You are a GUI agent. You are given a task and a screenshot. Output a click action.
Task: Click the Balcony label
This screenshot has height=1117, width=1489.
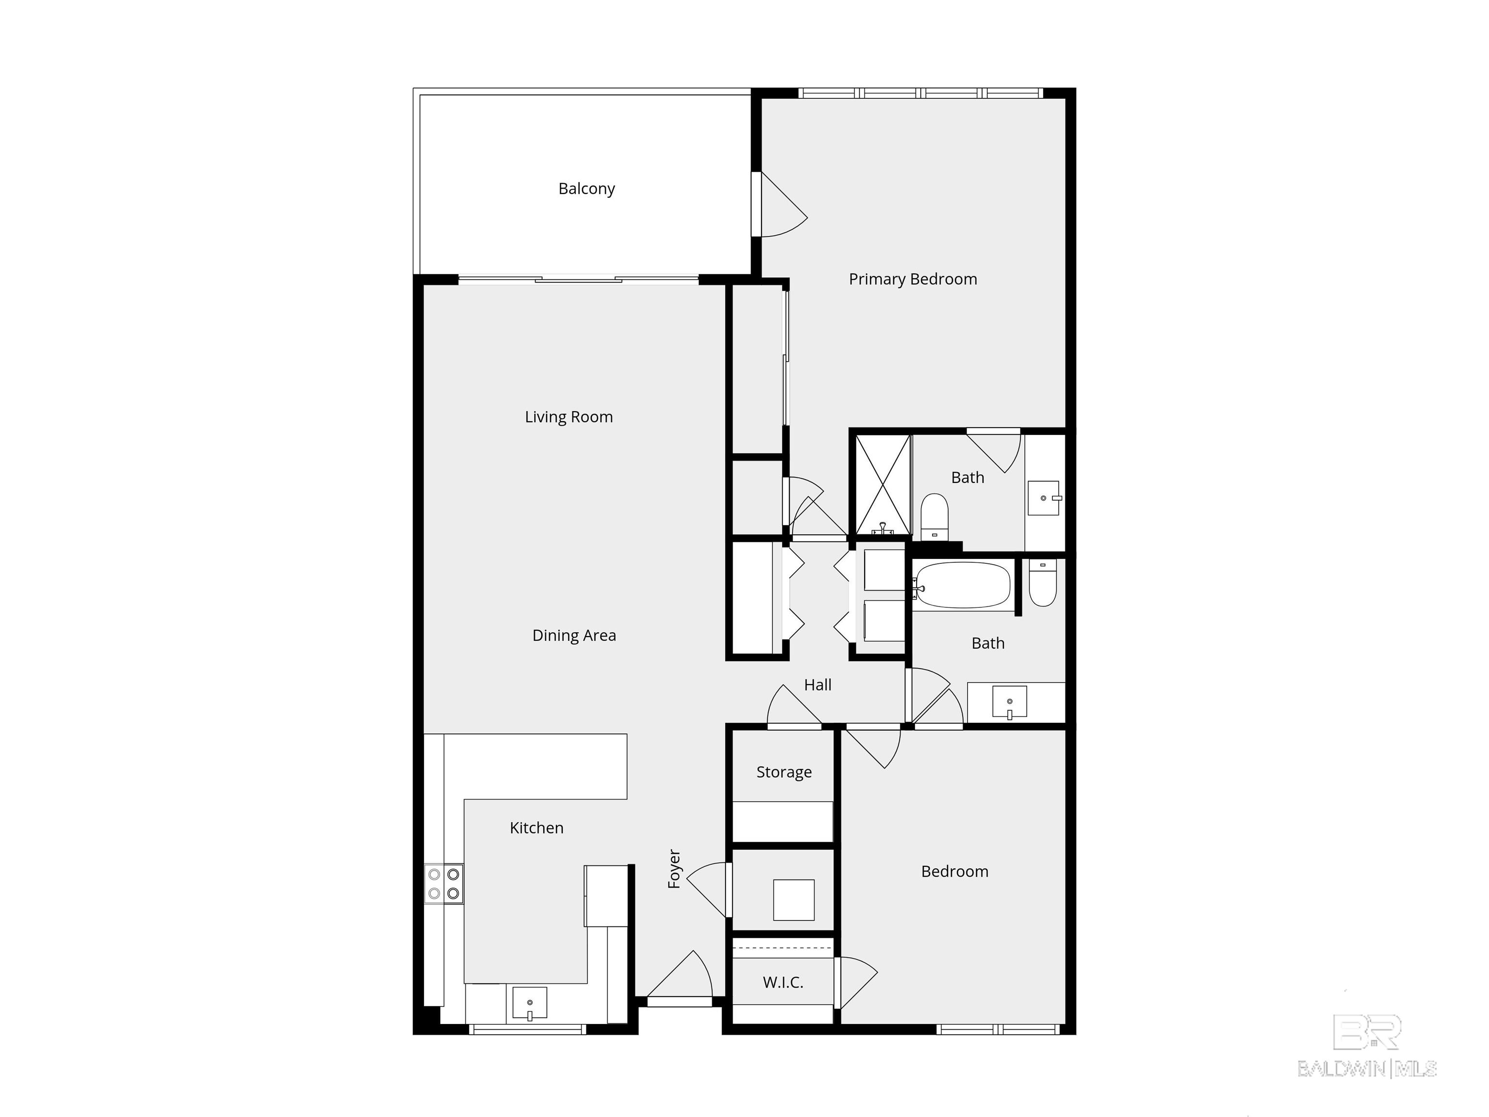586,189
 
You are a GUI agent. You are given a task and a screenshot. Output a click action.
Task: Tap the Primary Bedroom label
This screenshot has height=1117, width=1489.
912,279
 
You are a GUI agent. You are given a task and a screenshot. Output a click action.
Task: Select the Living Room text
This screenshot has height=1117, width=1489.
569,417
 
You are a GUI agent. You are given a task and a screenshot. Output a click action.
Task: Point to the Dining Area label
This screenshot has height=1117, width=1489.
573,635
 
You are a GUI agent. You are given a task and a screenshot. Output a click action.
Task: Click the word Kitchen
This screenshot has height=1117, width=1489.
537,828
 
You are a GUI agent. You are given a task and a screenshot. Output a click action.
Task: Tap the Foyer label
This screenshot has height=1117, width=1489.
674,869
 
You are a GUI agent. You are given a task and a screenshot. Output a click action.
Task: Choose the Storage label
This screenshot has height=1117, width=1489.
784,772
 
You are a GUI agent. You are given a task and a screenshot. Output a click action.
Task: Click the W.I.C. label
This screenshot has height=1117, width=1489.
783,982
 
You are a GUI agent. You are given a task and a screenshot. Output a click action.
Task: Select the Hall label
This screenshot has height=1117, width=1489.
817,685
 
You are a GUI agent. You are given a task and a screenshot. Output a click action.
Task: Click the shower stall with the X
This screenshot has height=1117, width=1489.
883,484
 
